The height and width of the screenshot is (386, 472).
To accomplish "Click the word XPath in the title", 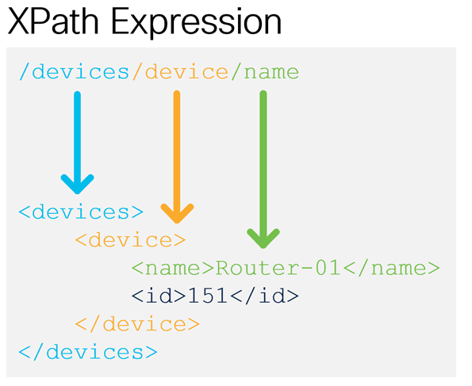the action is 53,21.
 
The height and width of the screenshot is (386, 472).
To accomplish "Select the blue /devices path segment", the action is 74,72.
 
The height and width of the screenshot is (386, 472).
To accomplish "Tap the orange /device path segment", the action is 180,72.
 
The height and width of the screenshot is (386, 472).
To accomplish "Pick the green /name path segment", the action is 265,72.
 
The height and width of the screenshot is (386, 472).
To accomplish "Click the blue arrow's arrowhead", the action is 78,184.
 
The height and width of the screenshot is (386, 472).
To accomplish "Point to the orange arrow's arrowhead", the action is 177,213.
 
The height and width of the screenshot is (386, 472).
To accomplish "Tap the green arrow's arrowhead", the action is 263,239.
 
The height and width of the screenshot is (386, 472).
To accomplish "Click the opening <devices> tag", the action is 81,212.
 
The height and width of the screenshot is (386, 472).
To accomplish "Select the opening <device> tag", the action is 130,240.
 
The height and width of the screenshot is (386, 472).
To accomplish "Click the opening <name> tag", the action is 173,268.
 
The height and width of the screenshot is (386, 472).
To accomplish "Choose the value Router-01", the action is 278,268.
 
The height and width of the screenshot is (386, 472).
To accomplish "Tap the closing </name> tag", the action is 391,268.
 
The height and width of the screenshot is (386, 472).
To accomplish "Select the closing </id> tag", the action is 265,296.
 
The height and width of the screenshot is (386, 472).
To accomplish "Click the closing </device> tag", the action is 137,324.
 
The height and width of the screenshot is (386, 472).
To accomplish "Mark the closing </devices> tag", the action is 88,352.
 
